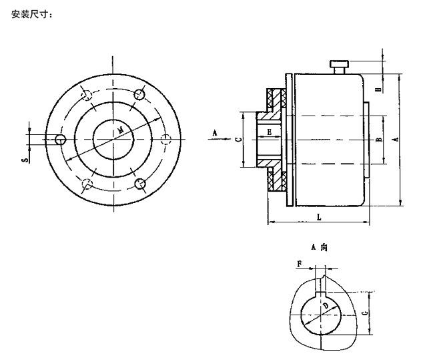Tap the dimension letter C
[x=238, y=140]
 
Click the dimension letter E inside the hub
[x=269, y=132]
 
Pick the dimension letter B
[x=378, y=140]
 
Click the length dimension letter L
[x=318, y=218]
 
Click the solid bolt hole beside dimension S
[x=61, y=139]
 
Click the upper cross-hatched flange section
[x=275, y=100]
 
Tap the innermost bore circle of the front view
[x=113, y=139]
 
